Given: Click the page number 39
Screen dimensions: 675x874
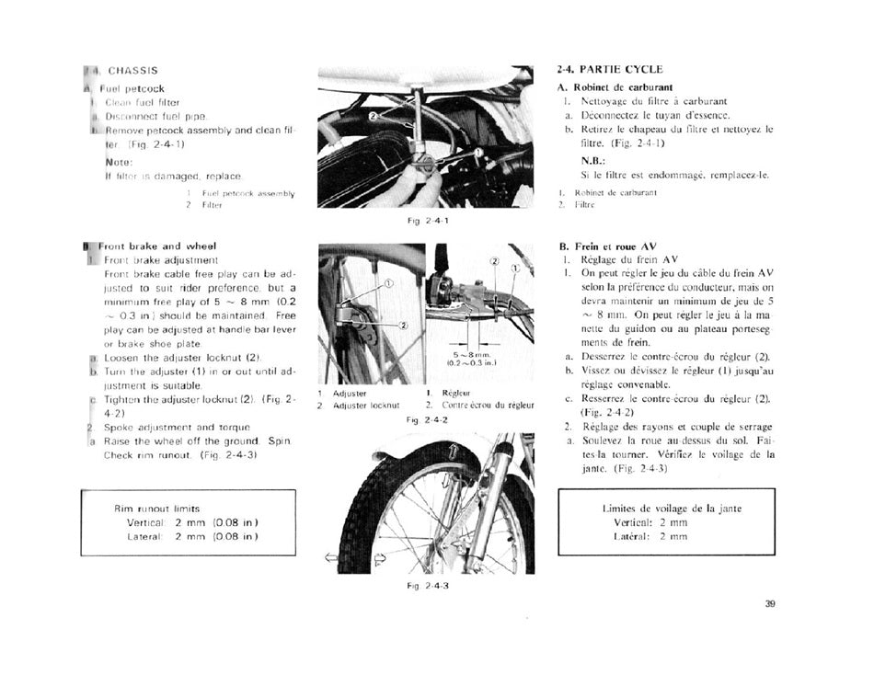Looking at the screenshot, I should pos(770,604).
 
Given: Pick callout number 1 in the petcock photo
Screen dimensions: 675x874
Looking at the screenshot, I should pos(478,153).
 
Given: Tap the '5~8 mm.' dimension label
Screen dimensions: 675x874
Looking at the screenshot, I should pos(473,354).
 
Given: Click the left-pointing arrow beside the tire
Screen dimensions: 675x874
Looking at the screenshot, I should pos(331,557).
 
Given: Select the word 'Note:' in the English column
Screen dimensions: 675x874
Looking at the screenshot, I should pos(120,162).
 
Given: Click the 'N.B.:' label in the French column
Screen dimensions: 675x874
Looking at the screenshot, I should pos(592,160).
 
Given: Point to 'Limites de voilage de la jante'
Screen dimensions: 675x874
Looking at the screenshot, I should pos(672,509).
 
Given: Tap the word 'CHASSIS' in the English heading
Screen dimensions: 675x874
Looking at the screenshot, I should pos(132,71).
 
